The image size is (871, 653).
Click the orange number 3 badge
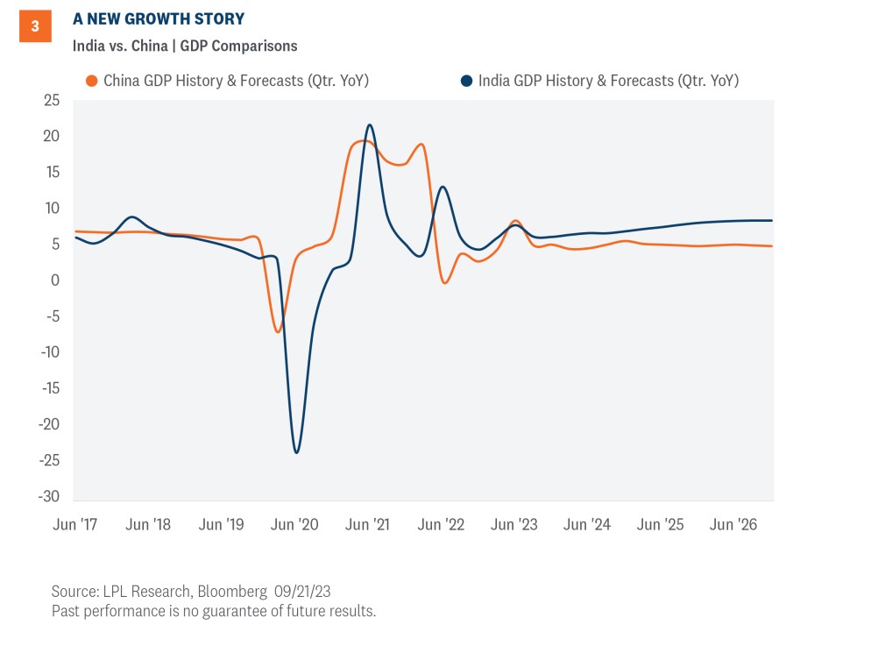pyautogui.click(x=35, y=26)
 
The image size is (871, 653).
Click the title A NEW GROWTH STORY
pyautogui.click(x=159, y=18)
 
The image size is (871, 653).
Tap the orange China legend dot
pyautogui.click(x=91, y=82)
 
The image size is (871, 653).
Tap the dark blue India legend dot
pyautogui.click(x=466, y=82)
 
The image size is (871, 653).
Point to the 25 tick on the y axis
pyautogui.click(x=52, y=100)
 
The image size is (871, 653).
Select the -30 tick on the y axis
pyautogui.click(x=48, y=496)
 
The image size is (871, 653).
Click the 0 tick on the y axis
pyautogui.click(x=56, y=280)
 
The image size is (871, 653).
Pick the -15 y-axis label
pyautogui.click(x=48, y=388)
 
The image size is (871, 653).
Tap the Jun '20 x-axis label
pyautogui.click(x=295, y=524)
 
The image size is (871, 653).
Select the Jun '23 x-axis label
pyautogui.click(x=514, y=524)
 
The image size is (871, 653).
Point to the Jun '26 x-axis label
pyautogui.click(x=733, y=524)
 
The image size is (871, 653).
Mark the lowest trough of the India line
pyautogui.click(x=296, y=452)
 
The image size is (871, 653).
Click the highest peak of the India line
pyautogui.click(x=369, y=124)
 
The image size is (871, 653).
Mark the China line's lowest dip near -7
pyautogui.click(x=278, y=331)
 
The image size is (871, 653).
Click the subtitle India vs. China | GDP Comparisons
pyautogui.click(x=185, y=46)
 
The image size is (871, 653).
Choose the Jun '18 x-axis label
pyautogui.click(x=148, y=524)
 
